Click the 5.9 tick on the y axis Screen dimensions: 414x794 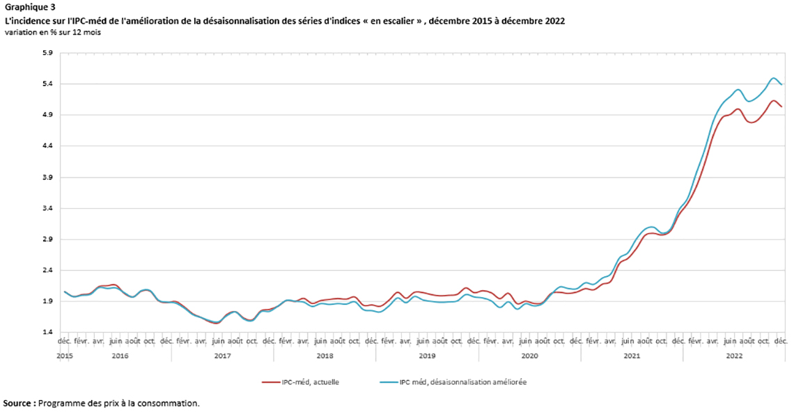(48, 53)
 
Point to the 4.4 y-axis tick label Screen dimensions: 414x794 (48, 146)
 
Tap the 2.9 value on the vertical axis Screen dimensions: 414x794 (48, 239)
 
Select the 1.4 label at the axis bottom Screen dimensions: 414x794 (48, 333)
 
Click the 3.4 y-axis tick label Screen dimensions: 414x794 (48, 209)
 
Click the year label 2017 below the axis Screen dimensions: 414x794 (222, 356)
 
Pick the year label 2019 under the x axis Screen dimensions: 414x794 (427, 356)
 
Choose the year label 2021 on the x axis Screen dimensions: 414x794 (632, 356)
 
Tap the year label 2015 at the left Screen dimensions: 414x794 (64, 356)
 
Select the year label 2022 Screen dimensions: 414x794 (734, 356)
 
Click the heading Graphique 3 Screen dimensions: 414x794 (29, 8)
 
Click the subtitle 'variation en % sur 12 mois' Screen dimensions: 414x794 (52, 33)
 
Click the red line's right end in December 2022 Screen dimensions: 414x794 (782, 106)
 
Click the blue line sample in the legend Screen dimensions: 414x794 (388, 382)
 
